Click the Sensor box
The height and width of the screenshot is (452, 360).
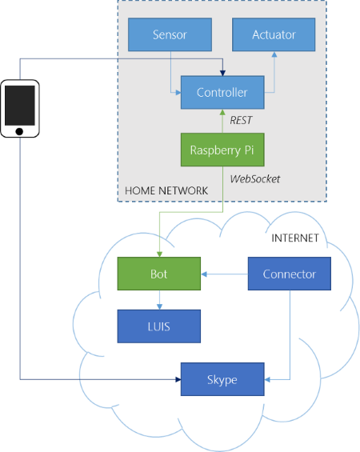(170, 34)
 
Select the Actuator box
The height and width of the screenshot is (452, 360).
(274, 34)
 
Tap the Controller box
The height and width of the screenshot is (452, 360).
(222, 92)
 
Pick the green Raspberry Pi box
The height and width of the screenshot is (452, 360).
(222, 150)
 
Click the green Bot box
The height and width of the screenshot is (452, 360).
(159, 274)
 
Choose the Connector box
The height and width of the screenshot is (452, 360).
(290, 274)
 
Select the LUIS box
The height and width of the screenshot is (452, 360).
(159, 326)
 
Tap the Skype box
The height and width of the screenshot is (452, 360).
(222, 379)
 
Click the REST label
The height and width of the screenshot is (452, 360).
(241, 120)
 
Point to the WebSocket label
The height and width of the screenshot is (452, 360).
(254, 179)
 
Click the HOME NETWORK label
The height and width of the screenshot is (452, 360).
(166, 190)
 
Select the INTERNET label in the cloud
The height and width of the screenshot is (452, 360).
(295, 238)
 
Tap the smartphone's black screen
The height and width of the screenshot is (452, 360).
(19, 106)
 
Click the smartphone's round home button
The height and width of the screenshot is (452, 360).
(19, 131)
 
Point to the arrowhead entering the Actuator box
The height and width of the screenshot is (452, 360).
(274, 54)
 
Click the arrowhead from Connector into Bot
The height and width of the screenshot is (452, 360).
(204, 274)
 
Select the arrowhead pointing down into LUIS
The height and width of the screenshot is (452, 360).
(159, 306)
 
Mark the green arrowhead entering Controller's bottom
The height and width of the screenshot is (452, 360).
(222, 112)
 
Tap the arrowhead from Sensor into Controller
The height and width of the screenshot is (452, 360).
(178, 93)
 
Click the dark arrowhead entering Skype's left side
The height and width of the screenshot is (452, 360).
(178, 379)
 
